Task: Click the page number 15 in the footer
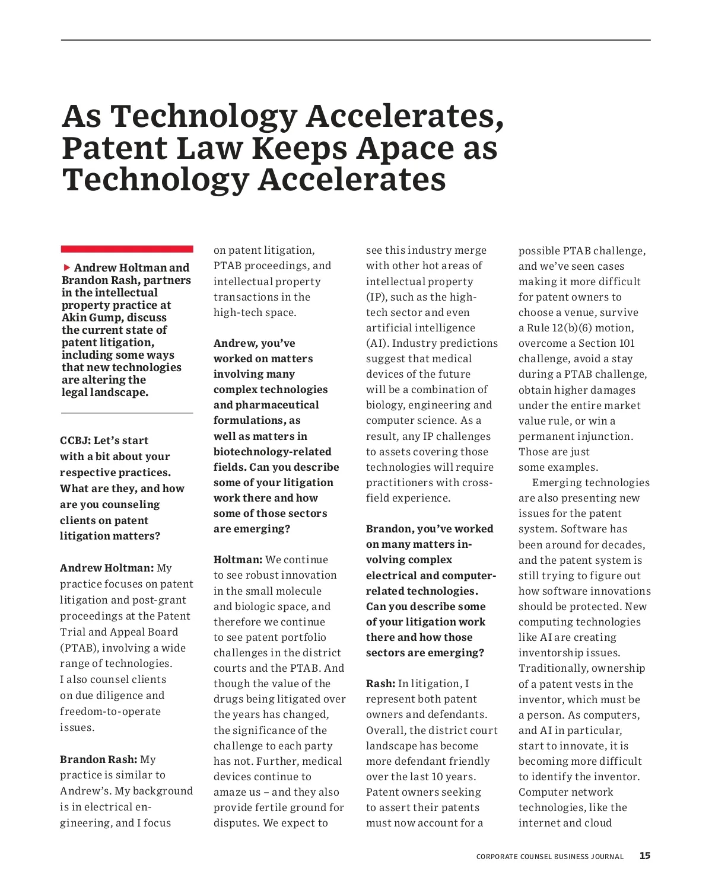point(644,856)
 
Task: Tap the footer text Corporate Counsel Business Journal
point(549,857)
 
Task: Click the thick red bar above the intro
point(127,249)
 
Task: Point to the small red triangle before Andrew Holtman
point(67,267)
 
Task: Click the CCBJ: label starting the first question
point(75,441)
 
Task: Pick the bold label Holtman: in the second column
point(238,560)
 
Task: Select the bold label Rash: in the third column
point(380,684)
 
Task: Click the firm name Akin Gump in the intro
point(93,317)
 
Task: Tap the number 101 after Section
point(625,343)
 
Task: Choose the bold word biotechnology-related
point(272,452)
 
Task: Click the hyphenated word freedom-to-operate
point(110,711)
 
